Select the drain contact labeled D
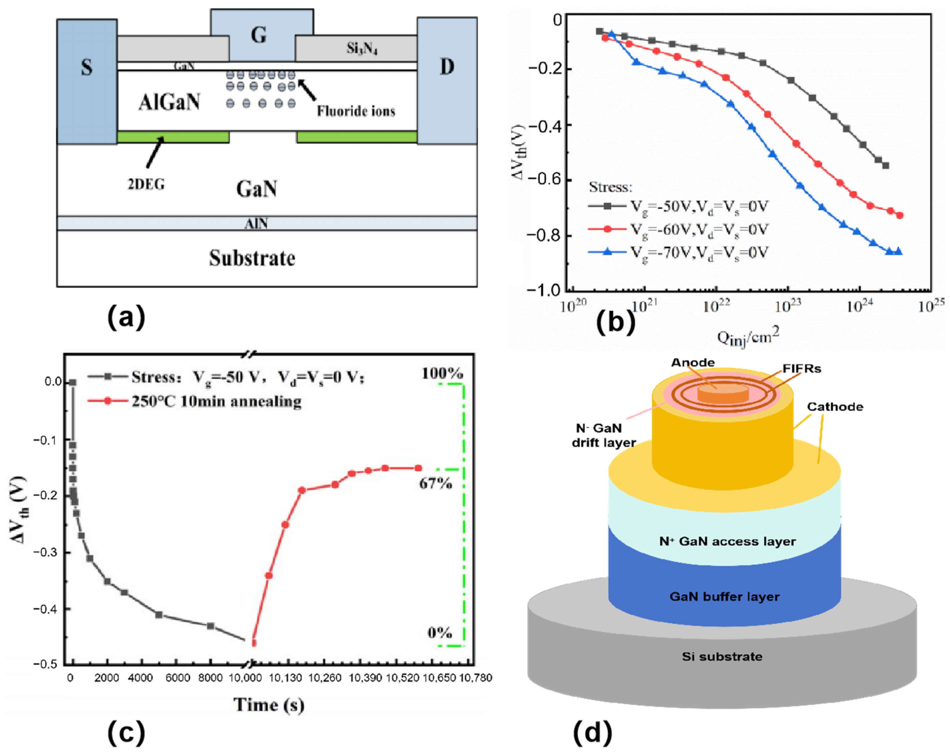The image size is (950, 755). click(x=447, y=67)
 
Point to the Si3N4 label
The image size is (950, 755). click(x=362, y=48)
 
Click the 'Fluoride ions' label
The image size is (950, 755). click(x=356, y=111)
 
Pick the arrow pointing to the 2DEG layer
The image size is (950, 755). click(x=154, y=152)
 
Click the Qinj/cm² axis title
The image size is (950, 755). click(x=748, y=337)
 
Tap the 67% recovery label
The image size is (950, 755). click(x=435, y=484)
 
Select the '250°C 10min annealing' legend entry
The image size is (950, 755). click(x=216, y=401)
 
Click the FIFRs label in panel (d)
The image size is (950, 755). click(x=802, y=369)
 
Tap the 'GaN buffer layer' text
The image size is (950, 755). click(x=724, y=597)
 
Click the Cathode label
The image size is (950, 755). click(x=835, y=407)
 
